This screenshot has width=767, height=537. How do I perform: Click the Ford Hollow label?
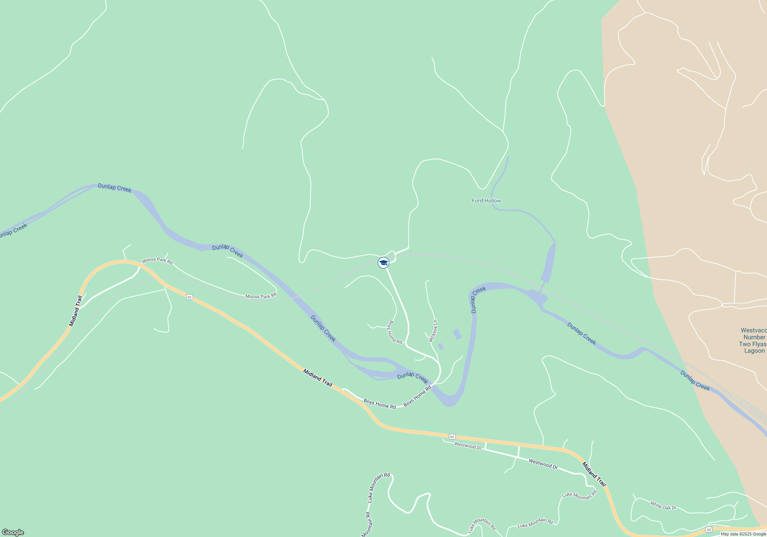(486, 201)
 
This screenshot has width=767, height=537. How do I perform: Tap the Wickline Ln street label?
(433, 331)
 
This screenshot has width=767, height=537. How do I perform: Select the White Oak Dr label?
(663, 506)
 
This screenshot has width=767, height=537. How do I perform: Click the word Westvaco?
(753, 330)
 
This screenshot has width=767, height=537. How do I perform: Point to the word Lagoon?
(754, 351)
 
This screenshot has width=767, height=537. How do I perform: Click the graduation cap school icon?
(383, 263)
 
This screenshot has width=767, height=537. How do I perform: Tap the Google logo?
(13, 532)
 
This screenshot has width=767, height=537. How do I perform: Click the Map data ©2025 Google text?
(743, 534)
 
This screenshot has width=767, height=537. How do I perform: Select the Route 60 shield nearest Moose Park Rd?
(189, 297)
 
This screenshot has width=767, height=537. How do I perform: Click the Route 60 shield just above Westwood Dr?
(453, 437)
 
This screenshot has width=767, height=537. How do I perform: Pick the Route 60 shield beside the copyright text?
(709, 530)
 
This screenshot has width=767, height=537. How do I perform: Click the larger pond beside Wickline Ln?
(457, 334)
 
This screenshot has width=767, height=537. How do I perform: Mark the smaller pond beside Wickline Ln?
(441, 347)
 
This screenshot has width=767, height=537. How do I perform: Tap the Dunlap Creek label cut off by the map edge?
(13, 230)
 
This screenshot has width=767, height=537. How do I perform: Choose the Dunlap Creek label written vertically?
(478, 300)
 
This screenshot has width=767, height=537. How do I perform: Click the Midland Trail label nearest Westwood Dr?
(594, 474)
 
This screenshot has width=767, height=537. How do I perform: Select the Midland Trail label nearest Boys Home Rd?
(318, 378)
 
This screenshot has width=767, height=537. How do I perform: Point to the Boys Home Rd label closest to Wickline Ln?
(394, 333)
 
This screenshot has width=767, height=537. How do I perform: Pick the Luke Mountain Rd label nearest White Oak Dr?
(579, 496)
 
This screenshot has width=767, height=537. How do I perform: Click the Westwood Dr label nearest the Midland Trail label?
(543, 464)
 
